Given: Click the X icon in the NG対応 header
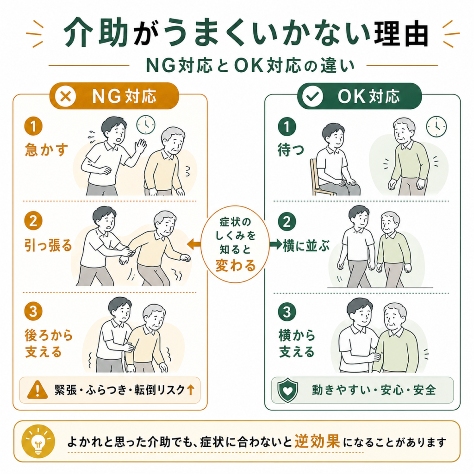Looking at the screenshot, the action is click(x=66, y=96).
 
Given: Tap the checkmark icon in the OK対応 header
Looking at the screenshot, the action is click(x=312, y=96).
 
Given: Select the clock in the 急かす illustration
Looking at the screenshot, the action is click(x=146, y=125).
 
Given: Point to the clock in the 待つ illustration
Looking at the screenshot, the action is click(x=437, y=126).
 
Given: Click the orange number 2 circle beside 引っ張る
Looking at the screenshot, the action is click(x=33, y=220).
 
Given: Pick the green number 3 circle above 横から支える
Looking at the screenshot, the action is click(x=287, y=312).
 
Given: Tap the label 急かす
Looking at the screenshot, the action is click(x=47, y=150).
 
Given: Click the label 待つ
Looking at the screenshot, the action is click(x=291, y=150).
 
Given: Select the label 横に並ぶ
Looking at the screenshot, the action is click(x=306, y=245).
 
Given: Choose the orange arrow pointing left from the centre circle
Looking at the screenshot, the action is click(x=193, y=243).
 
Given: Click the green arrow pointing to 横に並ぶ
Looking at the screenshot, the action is click(x=276, y=243).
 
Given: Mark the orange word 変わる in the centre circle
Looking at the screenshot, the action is click(x=236, y=266).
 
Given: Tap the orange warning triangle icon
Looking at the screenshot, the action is click(x=37, y=390).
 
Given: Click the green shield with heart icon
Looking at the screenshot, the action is click(x=287, y=390).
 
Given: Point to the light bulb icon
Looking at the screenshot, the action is click(x=38, y=441).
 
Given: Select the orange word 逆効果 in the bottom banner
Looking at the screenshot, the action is click(x=317, y=441).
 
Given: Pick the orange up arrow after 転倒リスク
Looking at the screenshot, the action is click(x=190, y=390).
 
